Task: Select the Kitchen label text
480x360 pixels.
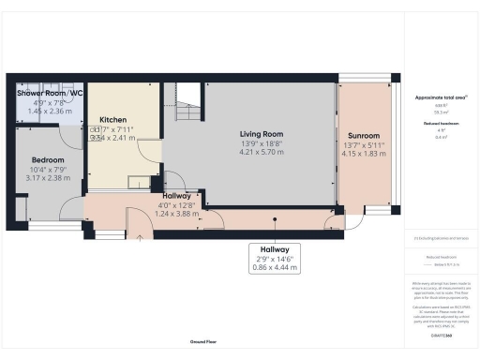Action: (x=112, y=120)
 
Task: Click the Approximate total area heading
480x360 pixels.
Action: (x=437, y=98)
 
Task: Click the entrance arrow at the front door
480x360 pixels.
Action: (x=141, y=238)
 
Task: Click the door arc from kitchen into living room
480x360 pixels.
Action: (x=174, y=183)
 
